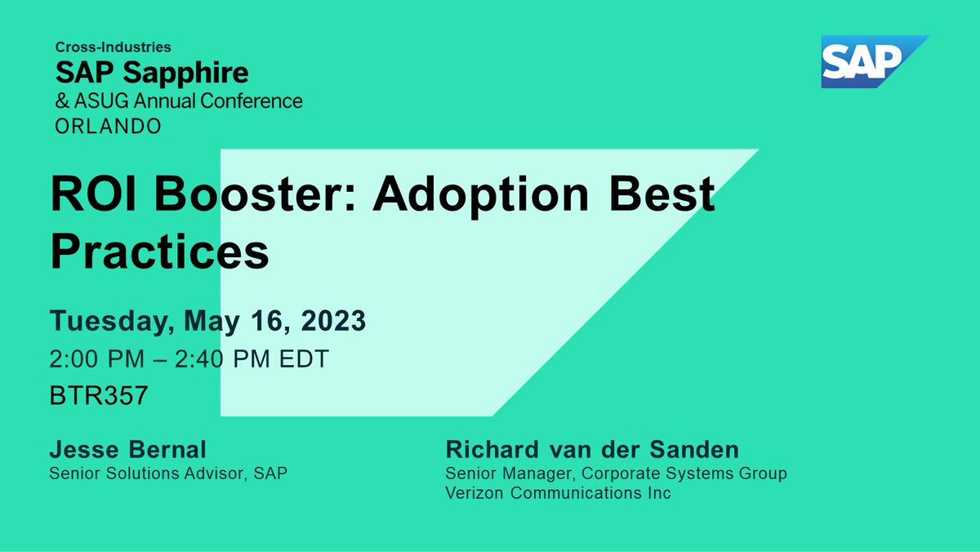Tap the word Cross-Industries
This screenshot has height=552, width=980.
[114, 48]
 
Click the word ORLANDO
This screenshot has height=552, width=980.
[108, 126]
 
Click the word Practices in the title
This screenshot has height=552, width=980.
[159, 252]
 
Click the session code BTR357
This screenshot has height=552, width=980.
[99, 397]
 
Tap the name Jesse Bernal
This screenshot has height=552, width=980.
[128, 450]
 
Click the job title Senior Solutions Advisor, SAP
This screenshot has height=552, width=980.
[168, 473]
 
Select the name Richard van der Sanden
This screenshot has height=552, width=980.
[592, 450]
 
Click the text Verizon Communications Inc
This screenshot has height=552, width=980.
[558, 493]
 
